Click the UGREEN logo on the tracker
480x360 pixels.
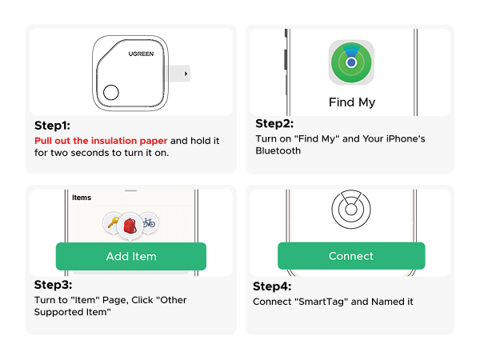tap(142, 54)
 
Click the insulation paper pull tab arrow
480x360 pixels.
tap(186, 74)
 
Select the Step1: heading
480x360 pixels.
tap(52, 126)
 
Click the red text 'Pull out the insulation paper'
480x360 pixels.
tap(101, 140)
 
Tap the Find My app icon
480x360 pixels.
tap(351, 62)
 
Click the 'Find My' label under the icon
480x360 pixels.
tap(351, 102)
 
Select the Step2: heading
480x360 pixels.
tap(274, 124)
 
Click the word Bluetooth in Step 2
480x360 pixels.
tap(279, 150)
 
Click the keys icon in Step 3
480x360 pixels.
tap(112, 224)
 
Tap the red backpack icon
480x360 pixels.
tap(130, 225)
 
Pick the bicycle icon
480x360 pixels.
tap(149, 223)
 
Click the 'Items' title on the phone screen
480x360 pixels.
tap(82, 198)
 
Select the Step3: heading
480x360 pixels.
tap(53, 285)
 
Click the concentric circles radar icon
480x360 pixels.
tap(351, 210)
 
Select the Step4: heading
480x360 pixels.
tap(272, 286)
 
